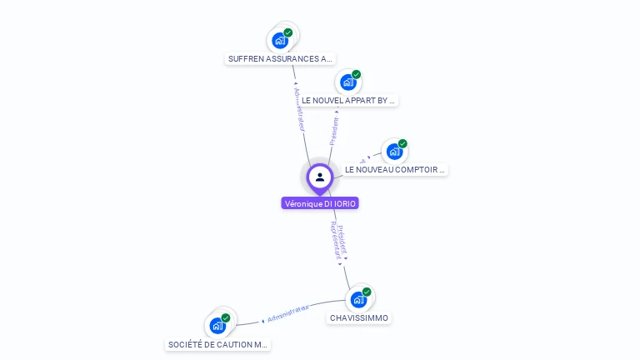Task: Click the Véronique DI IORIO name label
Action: pos(320,203)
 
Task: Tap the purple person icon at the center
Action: pos(320,177)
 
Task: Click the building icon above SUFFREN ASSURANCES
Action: pos(280,40)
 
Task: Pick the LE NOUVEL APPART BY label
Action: pos(348,100)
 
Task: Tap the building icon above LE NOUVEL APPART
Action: pos(348,82)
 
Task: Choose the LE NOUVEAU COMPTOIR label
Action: pos(395,169)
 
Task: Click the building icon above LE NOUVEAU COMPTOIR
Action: pos(394,152)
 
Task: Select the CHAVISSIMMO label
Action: pos(358,317)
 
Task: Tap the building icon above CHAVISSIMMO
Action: pos(358,299)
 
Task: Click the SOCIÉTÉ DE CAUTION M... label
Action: pos(217,344)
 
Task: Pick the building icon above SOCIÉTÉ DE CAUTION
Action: pos(217,325)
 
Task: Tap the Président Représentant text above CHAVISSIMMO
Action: pos(337,240)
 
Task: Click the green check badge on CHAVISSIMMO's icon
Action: pos(367,292)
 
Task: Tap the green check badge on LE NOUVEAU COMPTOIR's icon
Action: pos(402,144)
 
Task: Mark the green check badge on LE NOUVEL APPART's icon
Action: pos(357,74)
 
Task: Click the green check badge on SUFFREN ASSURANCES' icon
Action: pos(288,32)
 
